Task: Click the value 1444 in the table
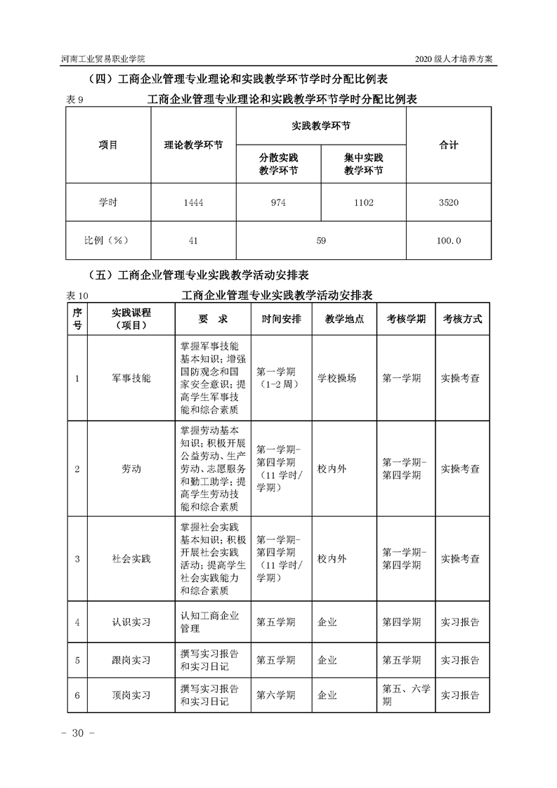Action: (x=192, y=203)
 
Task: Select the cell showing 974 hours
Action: (x=278, y=203)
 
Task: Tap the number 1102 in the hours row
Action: (x=364, y=203)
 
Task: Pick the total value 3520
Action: (x=448, y=203)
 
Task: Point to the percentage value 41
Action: (x=192, y=241)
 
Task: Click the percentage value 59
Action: (x=321, y=241)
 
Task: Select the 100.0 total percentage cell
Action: (x=448, y=241)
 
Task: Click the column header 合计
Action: (x=448, y=145)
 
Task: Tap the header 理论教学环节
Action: (x=193, y=145)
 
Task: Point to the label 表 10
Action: (x=77, y=295)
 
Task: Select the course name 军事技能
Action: (x=131, y=378)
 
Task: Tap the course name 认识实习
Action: (x=131, y=622)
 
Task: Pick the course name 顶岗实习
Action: (x=131, y=695)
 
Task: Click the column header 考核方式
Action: (x=462, y=318)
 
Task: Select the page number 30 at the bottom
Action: (x=73, y=733)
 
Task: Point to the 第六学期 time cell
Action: (x=275, y=695)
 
